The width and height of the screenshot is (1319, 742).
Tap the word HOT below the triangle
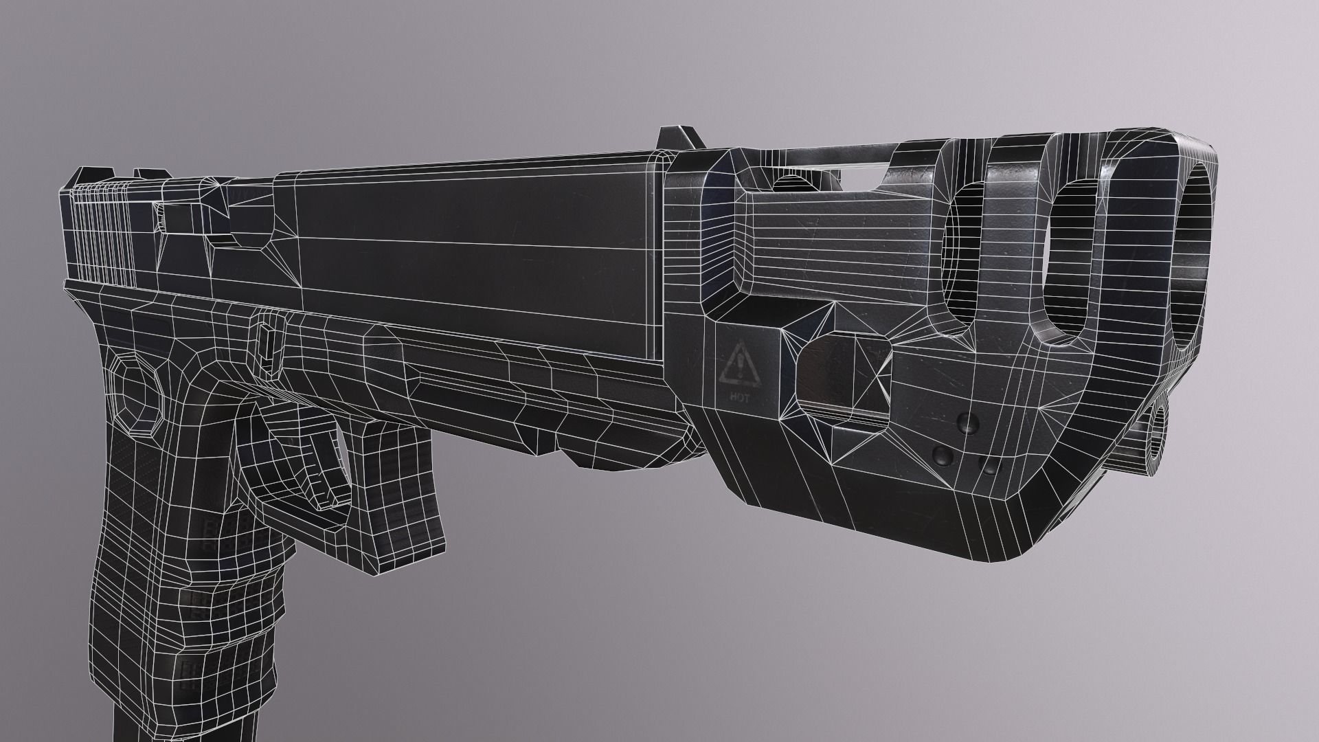click(741, 398)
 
